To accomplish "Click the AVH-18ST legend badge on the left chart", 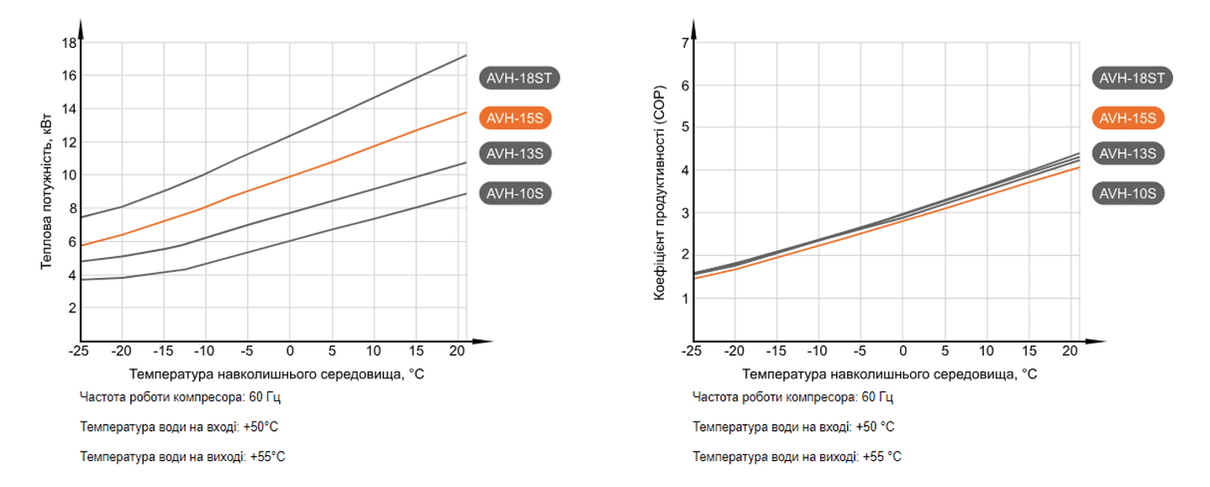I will (520, 78).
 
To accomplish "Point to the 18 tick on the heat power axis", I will (69, 43).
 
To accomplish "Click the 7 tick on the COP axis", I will (685, 43).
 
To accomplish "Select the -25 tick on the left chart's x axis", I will (80, 350).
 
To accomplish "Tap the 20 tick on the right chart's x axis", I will (1071, 350).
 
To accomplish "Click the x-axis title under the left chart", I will (277, 373).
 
